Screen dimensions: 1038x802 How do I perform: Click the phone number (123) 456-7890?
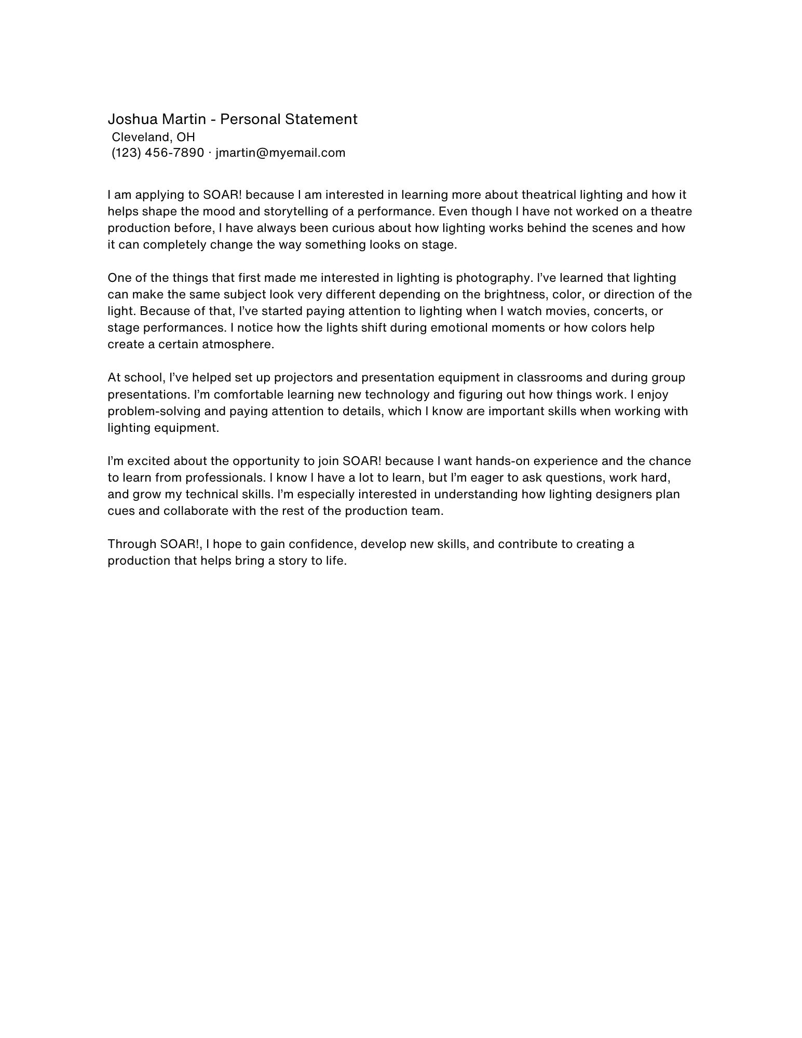click(158, 153)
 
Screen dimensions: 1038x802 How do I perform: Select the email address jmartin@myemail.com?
click(280, 153)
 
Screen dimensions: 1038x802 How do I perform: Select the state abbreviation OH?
click(186, 137)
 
